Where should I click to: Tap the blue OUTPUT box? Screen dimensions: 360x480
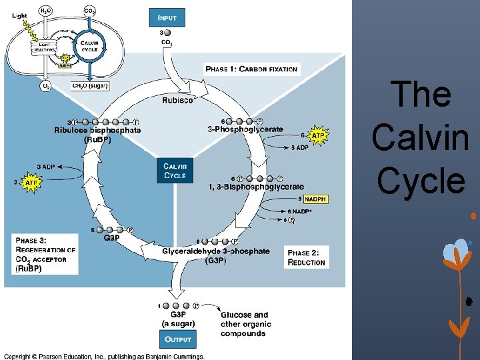click(178, 339)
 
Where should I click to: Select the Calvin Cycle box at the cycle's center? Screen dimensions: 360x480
click(175, 171)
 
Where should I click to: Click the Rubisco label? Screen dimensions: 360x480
click(179, 101)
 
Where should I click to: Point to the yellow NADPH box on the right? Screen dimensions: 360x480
click(316, 199)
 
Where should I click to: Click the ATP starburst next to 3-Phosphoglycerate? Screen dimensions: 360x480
click(319, 135)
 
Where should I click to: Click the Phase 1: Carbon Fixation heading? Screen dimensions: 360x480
click(251, 69)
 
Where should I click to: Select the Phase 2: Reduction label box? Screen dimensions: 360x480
click(307, 257)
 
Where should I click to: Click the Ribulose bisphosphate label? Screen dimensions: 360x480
click(97, 131)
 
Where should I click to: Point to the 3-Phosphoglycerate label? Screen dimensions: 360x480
click(245, 129)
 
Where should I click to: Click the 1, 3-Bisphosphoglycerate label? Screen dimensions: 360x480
click(256, 187)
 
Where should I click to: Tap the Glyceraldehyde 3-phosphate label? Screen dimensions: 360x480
click(216, 251)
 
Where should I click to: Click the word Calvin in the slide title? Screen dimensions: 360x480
click(421, 137)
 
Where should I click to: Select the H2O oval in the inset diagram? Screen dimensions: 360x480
click(45, 11)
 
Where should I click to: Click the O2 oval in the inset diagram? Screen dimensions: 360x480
click(46, 86)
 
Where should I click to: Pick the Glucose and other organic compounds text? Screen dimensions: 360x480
click(245, 323)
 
